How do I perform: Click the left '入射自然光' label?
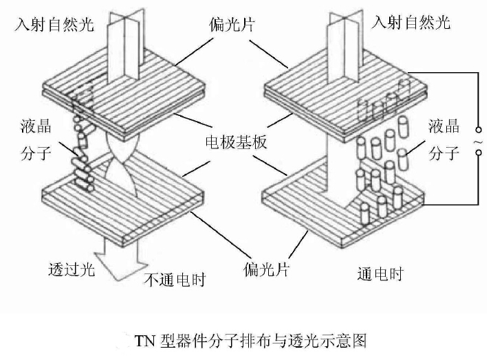point(55,26)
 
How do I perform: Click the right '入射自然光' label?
point(410,23)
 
